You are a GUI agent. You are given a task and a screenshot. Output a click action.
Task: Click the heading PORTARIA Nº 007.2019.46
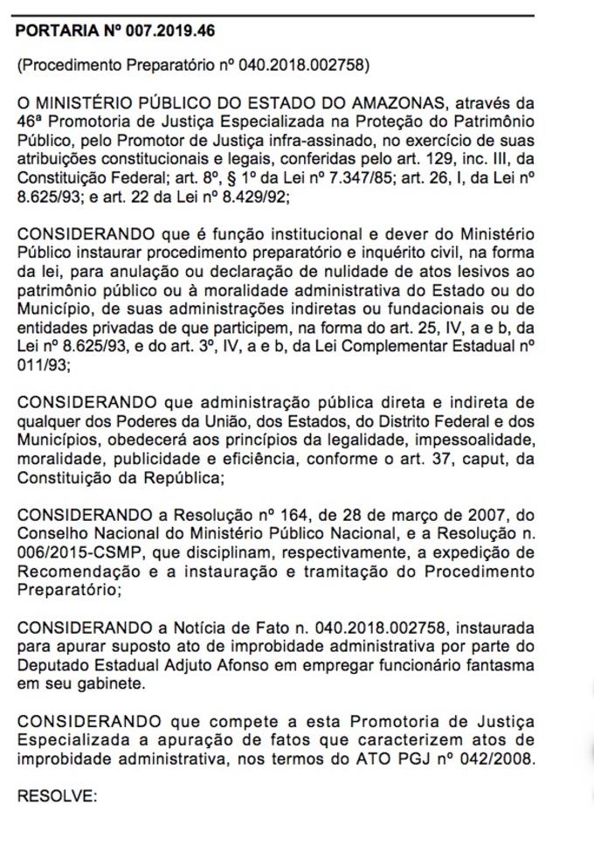(115, 31)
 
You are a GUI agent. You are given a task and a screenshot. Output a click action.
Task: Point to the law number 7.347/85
(358, 177)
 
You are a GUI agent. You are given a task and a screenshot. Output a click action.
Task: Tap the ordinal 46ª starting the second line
(31, 122)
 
